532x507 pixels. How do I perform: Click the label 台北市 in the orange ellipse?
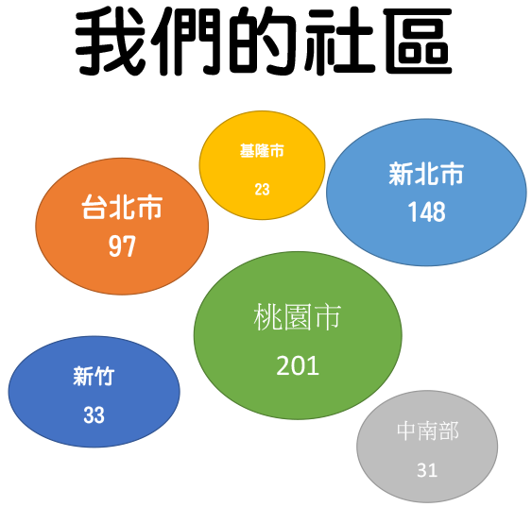[122, 207]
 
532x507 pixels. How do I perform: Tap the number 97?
[122, 246]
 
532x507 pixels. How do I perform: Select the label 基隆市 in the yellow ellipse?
[262, 151]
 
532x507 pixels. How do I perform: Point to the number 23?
[263, 190]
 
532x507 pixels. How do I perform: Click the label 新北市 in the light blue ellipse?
[426, 174]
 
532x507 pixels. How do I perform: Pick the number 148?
[427, 211]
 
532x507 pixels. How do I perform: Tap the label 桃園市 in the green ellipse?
[298, 317]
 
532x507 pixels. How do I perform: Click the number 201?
[298, 365]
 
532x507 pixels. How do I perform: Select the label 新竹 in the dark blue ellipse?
[94, 376]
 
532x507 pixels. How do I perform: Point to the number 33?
[94, 414]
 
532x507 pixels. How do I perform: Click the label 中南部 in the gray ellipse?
[428, 431]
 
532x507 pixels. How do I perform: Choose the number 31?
[427, 470]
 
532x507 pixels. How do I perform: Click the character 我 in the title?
[111, 42]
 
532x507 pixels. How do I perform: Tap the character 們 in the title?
[186, 42]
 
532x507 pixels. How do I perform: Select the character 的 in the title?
[262, 42]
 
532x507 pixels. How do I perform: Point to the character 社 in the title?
[339, 42]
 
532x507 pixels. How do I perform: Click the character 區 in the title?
[418, 42]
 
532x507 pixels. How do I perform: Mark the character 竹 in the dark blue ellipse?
[105, 376]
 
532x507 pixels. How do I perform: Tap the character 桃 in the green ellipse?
[267, 317]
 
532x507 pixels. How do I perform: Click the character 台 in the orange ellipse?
[94, 207]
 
